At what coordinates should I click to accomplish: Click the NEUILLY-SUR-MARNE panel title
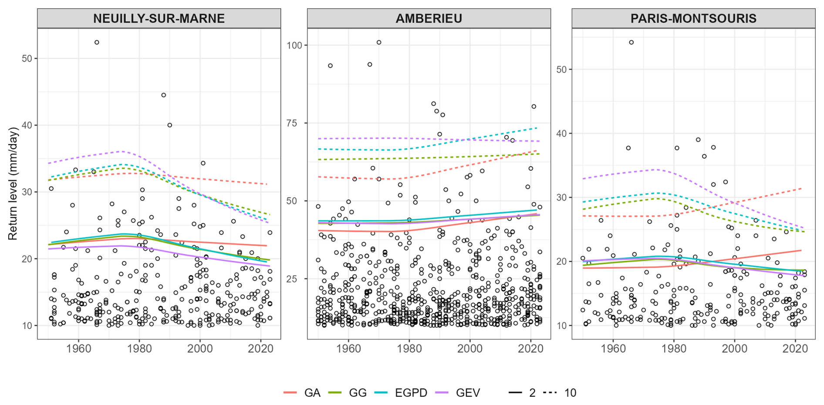coord(159,18)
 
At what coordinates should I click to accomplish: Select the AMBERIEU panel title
coord(429,18)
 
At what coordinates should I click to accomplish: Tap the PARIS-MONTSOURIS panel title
coord(693,18)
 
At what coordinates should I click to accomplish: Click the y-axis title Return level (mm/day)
coord(13,183)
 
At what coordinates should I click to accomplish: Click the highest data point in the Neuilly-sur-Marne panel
coord(97,42)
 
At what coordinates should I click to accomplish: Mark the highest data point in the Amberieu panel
coord(379,42)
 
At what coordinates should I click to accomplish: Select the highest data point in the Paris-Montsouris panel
coord(631,42)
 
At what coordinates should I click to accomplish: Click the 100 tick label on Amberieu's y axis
coord(294,45)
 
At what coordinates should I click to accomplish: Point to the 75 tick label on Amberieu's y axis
coord(297,123)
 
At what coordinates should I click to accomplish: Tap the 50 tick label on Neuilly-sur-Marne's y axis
coord(27,58)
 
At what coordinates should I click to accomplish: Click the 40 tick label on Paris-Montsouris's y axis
coord(562,134)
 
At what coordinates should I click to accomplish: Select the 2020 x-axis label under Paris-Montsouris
coord(795,348)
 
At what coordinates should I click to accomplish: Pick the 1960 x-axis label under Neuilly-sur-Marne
coord(78,348)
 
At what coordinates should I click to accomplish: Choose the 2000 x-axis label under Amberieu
coord(470,348)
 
